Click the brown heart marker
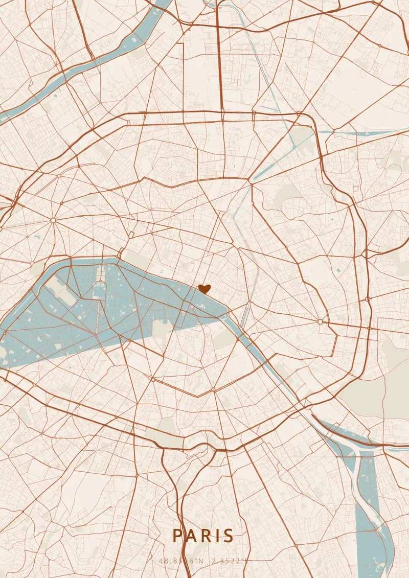coord(204,289)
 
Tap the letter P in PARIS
coord(177,536)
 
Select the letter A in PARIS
coord(190,536)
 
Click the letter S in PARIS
coord(227,536)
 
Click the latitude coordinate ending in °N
coord(181,561)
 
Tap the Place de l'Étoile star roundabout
coord(53,220)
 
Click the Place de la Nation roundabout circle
coord(320,321)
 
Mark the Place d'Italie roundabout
coord(213,390)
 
